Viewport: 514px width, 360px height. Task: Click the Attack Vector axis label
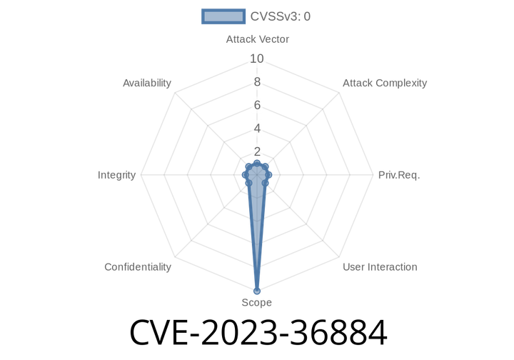click(257, 39)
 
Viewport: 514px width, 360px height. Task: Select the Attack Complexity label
click(385, 83)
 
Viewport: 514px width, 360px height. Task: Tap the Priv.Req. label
click(399, 175)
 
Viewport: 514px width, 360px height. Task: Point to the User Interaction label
click(380, 267)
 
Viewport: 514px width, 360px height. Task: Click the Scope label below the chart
click(257, 302)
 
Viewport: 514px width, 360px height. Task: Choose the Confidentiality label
click(138, 267)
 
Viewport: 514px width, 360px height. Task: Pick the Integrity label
click(116, 175)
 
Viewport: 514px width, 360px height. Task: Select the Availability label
click(147, 83)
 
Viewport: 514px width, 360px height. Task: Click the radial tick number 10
click(257, 59)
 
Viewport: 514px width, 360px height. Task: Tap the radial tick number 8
click(257, 82)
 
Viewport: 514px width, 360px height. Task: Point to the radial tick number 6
click(257, 105)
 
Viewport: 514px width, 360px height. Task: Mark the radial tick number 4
click(257, 129)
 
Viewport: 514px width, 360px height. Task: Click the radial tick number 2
click(257, 151)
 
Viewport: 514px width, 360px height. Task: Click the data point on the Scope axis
click(257, 291)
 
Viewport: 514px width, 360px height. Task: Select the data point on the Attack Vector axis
click(257, 164)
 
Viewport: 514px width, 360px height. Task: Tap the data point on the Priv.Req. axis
click(268, 175)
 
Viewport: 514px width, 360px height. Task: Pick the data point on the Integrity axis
click(246, 175)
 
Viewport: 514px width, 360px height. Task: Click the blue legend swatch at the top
click(223, 16)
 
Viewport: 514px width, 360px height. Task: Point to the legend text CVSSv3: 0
click(281, 16)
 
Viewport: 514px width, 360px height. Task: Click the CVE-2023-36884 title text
click(258, 332)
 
